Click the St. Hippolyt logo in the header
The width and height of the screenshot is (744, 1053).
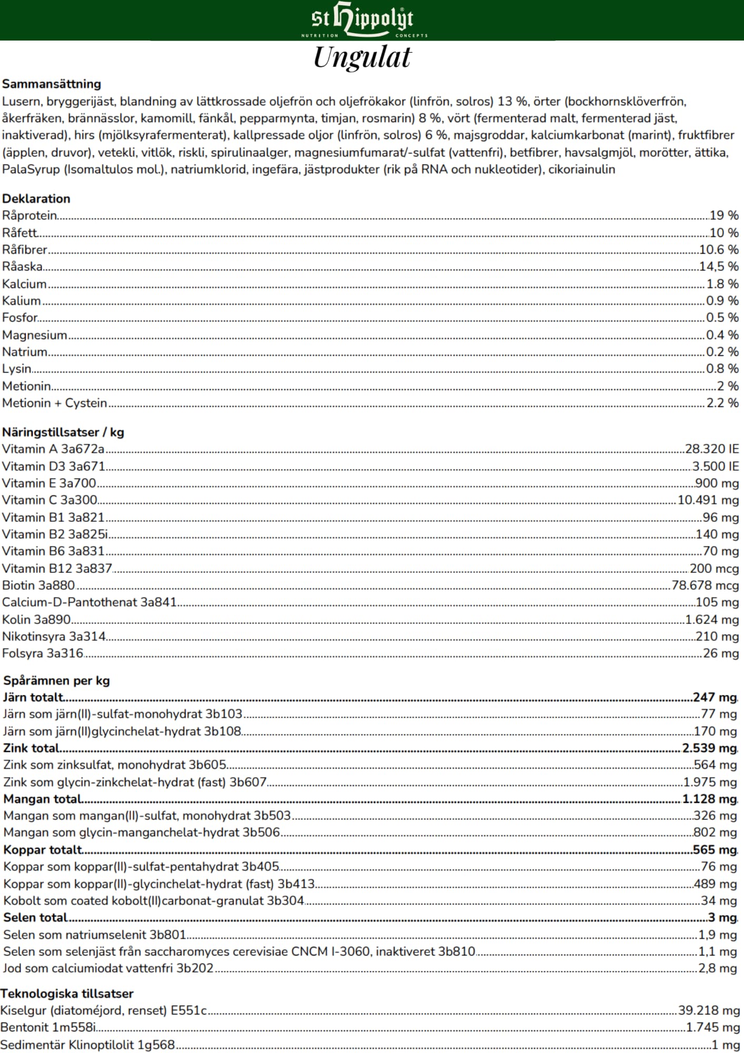(363, 20)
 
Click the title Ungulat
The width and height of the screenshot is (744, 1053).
(363, 57)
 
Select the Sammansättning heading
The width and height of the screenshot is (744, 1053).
(52, 84)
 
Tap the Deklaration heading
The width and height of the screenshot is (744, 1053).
(36, 198)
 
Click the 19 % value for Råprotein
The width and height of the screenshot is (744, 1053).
(724, 215)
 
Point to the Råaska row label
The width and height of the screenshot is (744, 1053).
(22, 266)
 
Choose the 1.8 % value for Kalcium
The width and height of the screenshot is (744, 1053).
(722, 284)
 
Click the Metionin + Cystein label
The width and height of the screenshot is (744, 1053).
(55, 403)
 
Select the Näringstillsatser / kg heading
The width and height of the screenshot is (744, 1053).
(63, 432)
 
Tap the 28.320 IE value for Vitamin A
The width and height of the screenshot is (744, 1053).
(712, 449)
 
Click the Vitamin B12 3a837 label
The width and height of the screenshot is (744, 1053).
(57, 569)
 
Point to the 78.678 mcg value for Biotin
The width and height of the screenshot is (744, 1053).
(705, 585)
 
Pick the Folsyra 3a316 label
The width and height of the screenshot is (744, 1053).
(43, 653)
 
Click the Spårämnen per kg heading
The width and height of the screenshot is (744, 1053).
(56, 681)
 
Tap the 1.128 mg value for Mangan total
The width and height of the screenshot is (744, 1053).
(709, 799)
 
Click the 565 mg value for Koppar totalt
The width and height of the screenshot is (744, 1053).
(715, 850)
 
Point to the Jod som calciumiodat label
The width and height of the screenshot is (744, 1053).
(108, 968)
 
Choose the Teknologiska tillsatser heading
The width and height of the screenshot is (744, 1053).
(67, 994)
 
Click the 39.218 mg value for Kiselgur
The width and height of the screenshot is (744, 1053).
(709, 1010)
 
